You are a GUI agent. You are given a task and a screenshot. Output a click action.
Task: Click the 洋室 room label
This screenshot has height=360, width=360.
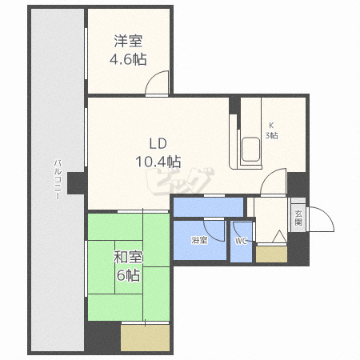128,41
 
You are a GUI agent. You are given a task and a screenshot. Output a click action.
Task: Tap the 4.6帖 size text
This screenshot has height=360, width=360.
128,58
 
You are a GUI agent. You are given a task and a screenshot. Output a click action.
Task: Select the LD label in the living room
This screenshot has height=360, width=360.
156,143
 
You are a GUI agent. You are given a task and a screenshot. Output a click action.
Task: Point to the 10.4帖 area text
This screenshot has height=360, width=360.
156,159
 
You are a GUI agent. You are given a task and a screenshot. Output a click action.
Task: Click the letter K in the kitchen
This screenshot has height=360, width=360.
271,124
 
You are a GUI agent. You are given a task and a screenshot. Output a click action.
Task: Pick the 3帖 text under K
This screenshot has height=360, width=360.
272,135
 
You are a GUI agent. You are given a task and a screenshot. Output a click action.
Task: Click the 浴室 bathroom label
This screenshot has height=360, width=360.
199,240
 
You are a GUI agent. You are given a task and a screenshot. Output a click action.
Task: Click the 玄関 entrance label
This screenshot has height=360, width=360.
298,217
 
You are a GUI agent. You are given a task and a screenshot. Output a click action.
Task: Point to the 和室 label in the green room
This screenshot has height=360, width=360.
128,258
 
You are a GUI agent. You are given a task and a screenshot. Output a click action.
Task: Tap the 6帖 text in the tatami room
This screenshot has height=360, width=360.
128,274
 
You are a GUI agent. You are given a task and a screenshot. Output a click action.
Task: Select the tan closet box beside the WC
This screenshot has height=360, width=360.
271,255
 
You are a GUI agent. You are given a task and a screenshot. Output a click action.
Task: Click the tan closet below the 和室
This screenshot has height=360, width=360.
144,338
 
